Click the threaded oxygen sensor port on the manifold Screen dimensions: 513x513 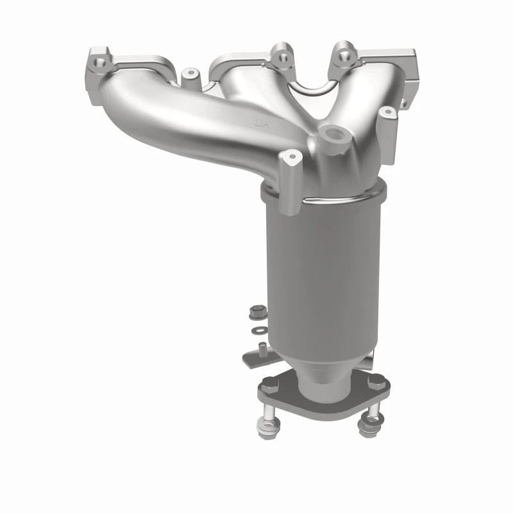point(333,135)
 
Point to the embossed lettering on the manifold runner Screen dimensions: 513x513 point(262,123)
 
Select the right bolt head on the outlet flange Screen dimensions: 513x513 point(377,383)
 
